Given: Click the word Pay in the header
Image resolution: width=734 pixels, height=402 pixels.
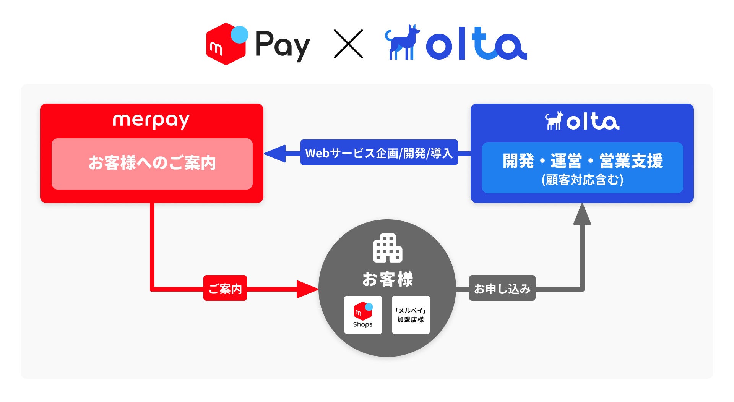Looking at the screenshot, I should [x=282, y=45].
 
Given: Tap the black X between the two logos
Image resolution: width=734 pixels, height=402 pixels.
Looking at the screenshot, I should [x=348, y=44].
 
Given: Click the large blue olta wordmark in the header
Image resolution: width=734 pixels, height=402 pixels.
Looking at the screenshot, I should [x=476, y=44].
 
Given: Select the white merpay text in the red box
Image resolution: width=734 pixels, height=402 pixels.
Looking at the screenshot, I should [x=151, y=120].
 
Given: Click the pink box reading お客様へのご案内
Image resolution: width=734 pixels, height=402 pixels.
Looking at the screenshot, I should [x=152, y=164].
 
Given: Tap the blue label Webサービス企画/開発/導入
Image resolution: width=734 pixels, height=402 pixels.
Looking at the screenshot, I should [x=379, y=152].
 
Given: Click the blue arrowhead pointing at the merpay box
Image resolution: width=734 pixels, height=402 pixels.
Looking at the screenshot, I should [x=275, y=153].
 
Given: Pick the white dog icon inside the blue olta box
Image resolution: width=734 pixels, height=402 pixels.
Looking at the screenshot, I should [x=554, y=121].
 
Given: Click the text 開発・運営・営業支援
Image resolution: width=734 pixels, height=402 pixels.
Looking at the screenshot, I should [x=582, y=160].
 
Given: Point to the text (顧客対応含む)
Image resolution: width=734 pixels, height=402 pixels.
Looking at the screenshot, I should [x=582, y=180].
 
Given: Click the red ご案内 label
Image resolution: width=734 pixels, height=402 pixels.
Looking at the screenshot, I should [x=225, y=288].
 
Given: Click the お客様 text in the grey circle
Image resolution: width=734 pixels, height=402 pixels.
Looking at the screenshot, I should [x=387, y=279].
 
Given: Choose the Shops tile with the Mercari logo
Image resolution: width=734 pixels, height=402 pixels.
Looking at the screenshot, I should [x=363, y=315].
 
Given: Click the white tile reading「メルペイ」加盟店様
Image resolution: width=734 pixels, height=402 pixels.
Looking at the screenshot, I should [x=411, y=315].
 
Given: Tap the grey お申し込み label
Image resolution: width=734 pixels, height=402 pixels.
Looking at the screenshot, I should [x=502, y=288].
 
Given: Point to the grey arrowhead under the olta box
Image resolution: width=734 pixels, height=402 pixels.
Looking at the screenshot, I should [x=582, y=215].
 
